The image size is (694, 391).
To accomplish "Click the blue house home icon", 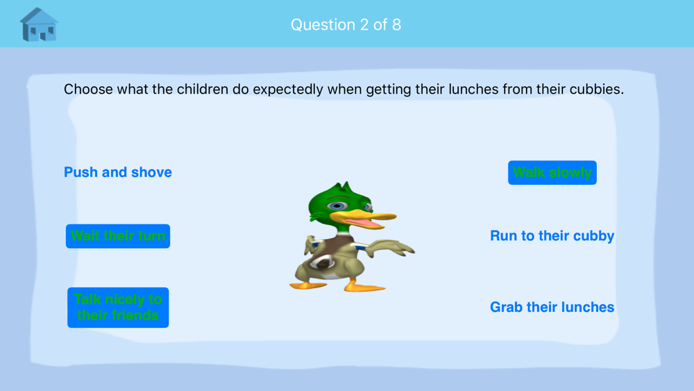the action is click(x=39, y=25).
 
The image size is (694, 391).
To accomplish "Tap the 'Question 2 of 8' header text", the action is click(x=346, y=25).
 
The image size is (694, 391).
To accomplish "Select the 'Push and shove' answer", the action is click(x=118, y=172).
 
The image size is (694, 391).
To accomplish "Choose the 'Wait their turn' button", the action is click(x=118, y=236).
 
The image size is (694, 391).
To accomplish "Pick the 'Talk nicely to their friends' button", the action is click(x=118, y=307).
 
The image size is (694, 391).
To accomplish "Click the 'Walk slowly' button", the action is click(x=552, y=172).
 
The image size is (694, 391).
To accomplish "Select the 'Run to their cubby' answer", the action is click(x=552, y=236).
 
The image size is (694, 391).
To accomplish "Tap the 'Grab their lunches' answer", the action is click(x=552, y=307).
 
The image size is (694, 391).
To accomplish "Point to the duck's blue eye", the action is click(x=337, y=206).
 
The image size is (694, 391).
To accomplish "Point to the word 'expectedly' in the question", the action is click(x=288, y=90).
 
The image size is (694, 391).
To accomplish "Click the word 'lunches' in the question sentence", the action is click(x=473, y=89).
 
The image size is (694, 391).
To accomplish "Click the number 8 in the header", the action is click(x=396, y=25).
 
